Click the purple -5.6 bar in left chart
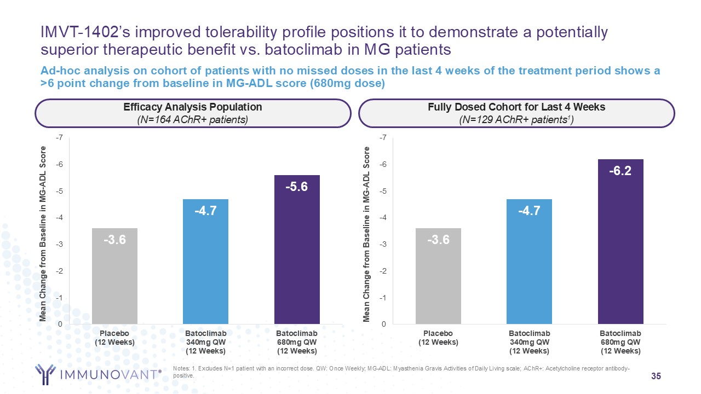pyautogui.click(x=296, y=252)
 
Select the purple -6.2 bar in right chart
pyautogui.click(x=620, y=246)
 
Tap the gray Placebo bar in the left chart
pyautogui.click(x=114, y=279)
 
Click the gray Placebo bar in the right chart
pyautogui.click(x=438, y=279)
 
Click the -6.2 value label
pyautogui.click(x=620, y=171)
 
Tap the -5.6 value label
pyautogui.click(x=296, y=187)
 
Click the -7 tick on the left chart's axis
pyautogui.click(x=58, y=138)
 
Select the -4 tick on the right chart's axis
pyautogui.click(x=382, y=218)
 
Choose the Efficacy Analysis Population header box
pyautogui.click(x=193, y=113)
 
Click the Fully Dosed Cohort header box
pyautogui.click(x=516, y=113)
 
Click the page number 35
pyautogui.click(x=656, y=376)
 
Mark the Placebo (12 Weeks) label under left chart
pyautogui.click(x=114, y=338)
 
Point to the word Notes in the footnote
pyautogui.click(x=180, y=369)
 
